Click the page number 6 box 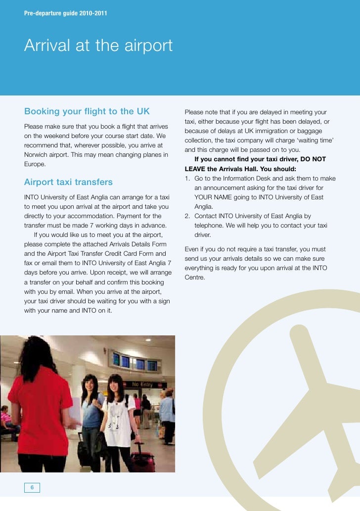(32, 488)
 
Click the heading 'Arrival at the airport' (98, 46)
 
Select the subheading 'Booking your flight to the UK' (87, 111)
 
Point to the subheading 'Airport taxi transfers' (68, 183)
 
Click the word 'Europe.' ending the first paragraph (35, 164)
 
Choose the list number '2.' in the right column (187, 216)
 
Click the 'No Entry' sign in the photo (142, 384)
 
